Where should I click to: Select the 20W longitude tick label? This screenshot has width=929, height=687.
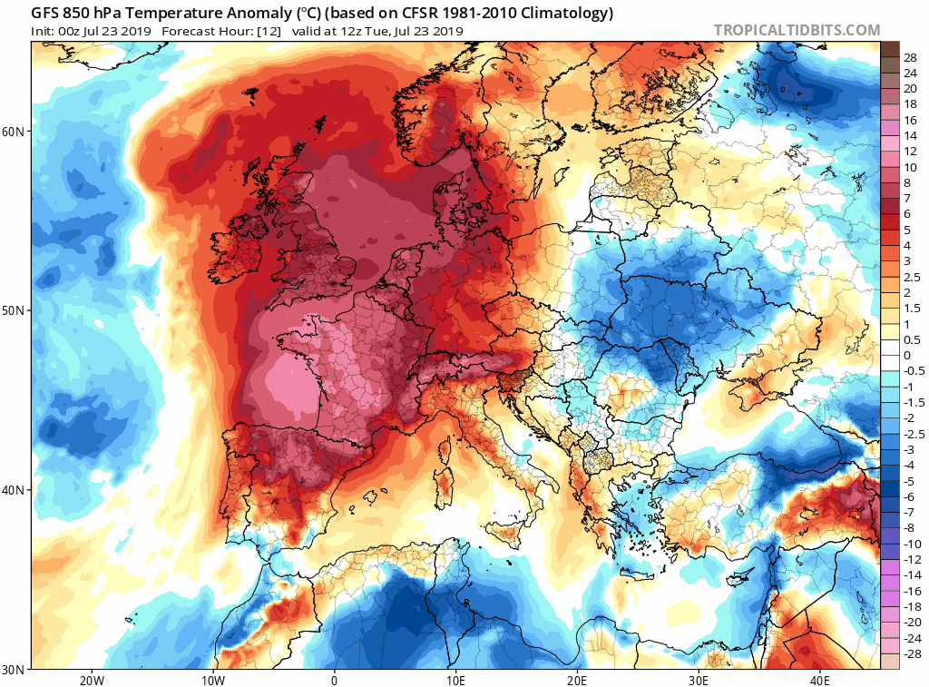[92, 680]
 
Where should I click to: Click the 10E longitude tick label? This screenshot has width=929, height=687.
[455, 680]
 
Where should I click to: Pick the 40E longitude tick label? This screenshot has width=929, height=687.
[819, 680]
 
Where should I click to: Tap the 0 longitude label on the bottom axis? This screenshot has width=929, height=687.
[334, 680]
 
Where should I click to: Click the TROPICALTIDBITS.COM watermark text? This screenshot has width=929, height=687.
[797, 30]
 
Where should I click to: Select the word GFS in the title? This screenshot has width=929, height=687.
[46, 14]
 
